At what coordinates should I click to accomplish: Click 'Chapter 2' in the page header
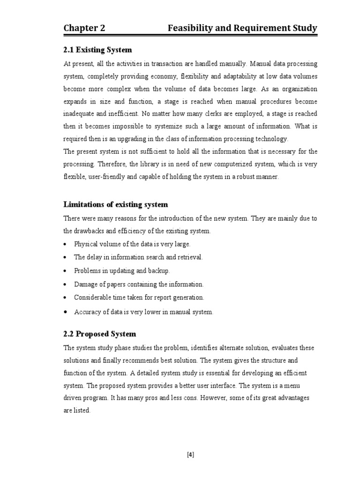[84, 29]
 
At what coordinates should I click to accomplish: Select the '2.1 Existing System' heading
[98, 50]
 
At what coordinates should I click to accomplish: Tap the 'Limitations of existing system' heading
[115, 204]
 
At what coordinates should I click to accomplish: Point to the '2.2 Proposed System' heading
[99, 334]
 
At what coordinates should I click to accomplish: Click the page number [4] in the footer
[190, 454]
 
